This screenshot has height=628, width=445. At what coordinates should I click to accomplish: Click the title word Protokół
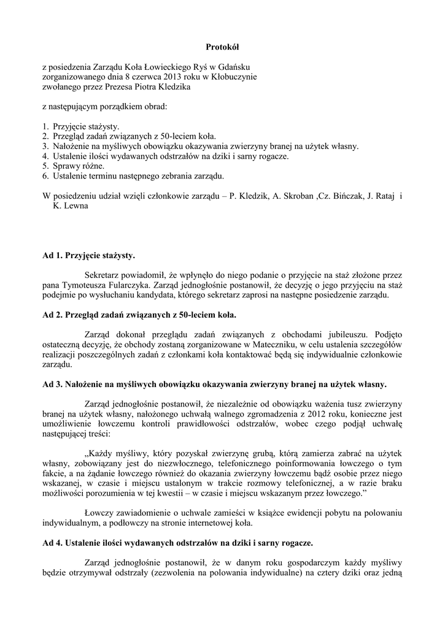click(x=222, y=47)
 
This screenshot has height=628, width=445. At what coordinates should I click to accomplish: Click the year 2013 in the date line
click(x=176, y=77)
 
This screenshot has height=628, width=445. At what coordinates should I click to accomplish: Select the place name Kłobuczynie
click(x=234, y=77)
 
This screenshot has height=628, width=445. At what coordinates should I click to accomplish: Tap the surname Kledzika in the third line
click(x=175, y=87)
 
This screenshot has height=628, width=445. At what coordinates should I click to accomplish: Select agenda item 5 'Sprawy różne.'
click(x=78, y=166)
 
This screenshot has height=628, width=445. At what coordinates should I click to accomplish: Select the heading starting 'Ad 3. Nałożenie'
click(x=215, y=385)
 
